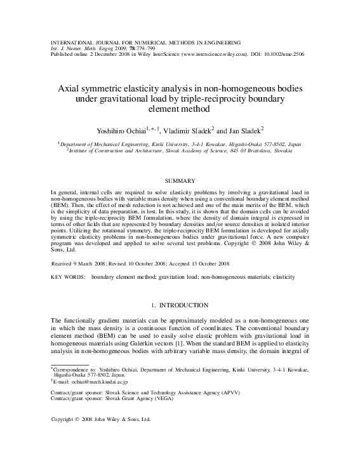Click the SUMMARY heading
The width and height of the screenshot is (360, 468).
click(180, 181)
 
